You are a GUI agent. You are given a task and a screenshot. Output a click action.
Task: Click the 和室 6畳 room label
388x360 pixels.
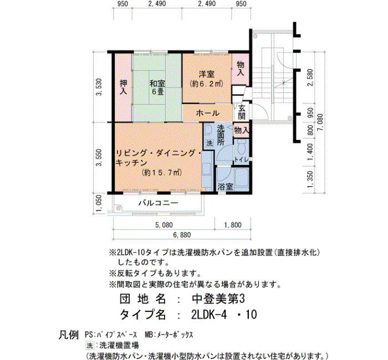coord(157,88)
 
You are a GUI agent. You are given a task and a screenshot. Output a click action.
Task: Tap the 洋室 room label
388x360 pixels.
coord(207,74)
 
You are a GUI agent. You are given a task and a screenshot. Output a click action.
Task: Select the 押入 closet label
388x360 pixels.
coord(123,87)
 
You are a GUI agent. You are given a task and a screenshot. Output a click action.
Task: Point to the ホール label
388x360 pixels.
coord(207,113)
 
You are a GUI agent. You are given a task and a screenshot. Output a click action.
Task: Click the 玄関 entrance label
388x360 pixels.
coord(242,112)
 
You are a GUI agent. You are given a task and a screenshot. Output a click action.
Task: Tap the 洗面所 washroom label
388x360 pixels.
coord(221,136)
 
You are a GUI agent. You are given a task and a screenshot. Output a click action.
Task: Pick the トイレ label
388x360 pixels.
coord(241,160)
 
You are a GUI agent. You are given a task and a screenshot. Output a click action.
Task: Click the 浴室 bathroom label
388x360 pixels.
coord(225,187)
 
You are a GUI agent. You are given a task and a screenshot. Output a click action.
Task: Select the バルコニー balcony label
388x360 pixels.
coord(158,203)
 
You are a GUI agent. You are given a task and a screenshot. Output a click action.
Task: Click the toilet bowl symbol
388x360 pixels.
coord(242,147)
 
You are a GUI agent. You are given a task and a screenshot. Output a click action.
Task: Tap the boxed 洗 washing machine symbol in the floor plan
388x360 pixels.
coord(210,143)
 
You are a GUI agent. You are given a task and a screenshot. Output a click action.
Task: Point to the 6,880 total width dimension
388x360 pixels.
coord(182,235)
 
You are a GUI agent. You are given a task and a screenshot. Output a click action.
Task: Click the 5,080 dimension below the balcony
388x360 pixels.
coord(164,225)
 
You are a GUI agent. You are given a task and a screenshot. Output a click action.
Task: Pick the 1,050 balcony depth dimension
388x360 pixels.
coord(99,204)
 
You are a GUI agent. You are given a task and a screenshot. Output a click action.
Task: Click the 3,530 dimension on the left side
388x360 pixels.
coord(99,87)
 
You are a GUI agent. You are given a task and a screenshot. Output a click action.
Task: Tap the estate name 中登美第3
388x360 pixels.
coord(218,299)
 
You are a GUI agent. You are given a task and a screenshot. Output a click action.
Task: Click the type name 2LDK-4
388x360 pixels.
coord(209,315)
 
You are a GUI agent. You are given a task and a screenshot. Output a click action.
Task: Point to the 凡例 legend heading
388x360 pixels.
coord(69,335)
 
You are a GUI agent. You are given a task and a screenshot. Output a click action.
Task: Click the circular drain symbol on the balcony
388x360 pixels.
coord(119,208)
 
